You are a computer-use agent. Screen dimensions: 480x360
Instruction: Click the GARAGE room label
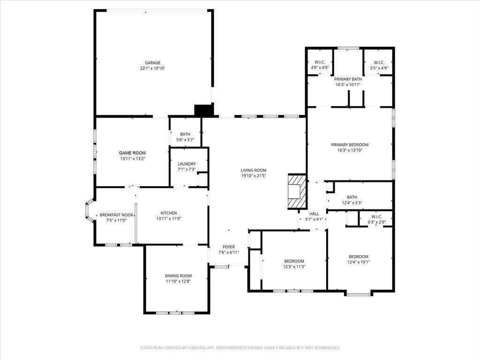tap(152, 63)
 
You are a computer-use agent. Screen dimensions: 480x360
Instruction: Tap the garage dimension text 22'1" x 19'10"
tap(152, 68)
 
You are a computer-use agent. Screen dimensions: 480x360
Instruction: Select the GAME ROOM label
tap(132, 153)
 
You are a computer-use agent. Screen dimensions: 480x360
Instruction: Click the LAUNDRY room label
tap(187, 164)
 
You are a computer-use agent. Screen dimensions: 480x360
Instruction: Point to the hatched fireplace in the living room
tap(297, 192)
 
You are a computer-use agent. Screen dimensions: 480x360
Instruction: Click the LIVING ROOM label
tap(254, 170)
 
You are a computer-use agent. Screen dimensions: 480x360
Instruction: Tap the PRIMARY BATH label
tap(348, 79)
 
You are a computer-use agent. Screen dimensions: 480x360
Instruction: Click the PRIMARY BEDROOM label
tap(350, 145)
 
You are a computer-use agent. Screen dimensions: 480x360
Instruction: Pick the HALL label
tap(314, 214)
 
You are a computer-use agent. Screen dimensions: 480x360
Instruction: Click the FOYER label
tap(229, 247)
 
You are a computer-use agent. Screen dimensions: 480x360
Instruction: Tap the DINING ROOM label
tap(178, 276)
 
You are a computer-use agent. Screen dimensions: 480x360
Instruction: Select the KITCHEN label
tap(169, 213)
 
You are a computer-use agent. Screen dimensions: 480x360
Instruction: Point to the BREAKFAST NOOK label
tap(116, 215)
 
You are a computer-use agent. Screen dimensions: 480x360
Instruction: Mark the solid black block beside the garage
tap(203, 111)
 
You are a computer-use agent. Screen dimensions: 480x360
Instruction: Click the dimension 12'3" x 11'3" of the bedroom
tap(294, 267)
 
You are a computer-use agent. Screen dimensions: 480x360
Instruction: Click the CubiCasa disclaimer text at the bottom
tap(240, 348)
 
